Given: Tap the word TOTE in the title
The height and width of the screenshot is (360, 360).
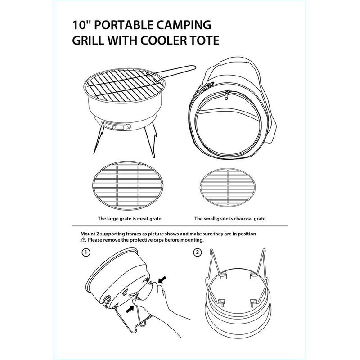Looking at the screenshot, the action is (204, 40).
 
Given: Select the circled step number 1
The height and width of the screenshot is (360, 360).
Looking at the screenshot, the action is (86, 252).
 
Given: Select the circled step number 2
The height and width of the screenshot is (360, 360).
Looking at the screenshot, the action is (198, 252).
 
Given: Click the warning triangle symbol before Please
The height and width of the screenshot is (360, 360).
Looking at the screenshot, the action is (83, 240).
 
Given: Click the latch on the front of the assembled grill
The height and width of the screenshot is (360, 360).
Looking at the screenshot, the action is (116, 126).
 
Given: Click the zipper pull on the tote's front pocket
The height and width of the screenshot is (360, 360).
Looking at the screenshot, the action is (227, 94).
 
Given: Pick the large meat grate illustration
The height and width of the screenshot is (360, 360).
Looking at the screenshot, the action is (128, 185).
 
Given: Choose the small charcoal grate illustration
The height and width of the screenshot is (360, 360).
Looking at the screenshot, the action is (228, 187).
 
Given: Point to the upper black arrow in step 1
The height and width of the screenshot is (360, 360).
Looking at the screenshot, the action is (162, 279).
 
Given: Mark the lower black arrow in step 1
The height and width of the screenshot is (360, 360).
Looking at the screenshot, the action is (130, 309).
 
